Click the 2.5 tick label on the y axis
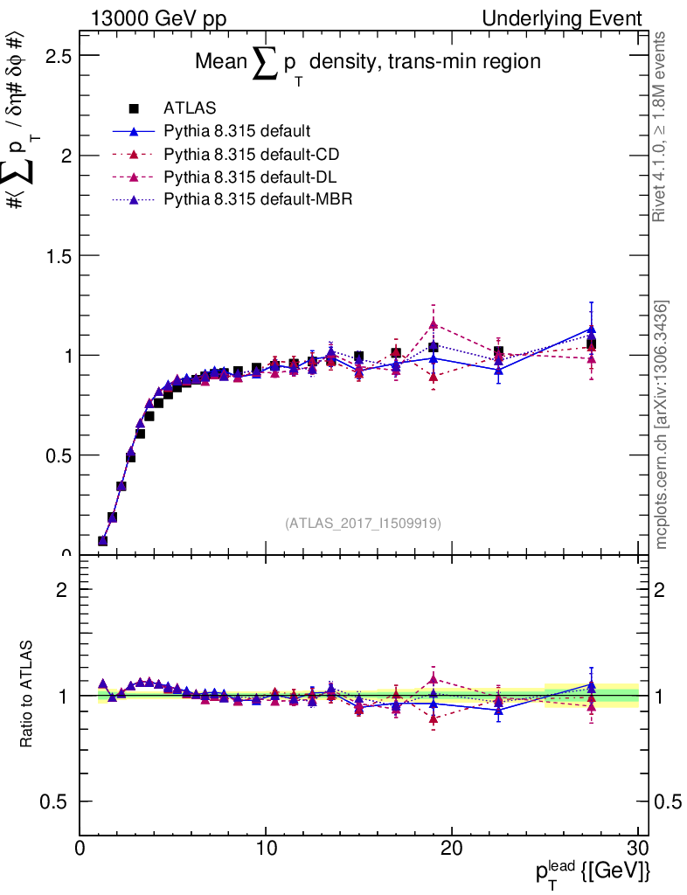[53, 56]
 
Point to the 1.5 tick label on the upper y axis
[53, 255]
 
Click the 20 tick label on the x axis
[452, 848]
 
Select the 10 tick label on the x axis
[266, 848]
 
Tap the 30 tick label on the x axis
[638, 848]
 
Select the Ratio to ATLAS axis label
[29, 696]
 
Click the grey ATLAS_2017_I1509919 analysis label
[363, 524]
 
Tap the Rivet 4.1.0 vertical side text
[661, 127]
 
